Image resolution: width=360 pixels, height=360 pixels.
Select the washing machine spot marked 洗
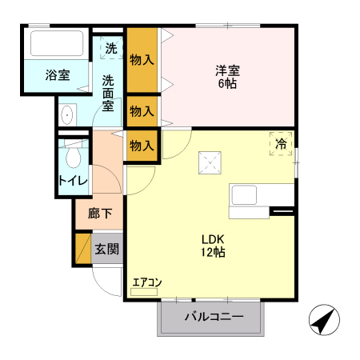pos(111,48)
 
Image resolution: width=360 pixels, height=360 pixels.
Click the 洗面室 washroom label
pos(108,93)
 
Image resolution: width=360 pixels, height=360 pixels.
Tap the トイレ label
pos(73,181)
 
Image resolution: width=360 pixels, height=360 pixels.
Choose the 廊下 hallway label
pos(100,214)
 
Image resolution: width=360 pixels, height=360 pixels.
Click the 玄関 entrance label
pos(106,248)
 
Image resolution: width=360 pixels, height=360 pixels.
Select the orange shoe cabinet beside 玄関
pos(83,248)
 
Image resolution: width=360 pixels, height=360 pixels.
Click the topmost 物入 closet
pos(142,60)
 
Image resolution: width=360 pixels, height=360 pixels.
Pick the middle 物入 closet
pos(142,110)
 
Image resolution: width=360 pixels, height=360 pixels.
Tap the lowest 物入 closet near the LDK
pos(142,146)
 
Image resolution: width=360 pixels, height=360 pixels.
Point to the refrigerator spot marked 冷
pos(281,143)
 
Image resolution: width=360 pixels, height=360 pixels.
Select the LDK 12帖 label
pos(212,244)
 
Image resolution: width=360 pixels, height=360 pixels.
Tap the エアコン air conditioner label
pos(147,281)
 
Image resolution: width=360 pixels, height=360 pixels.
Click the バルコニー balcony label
pos(213,317)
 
